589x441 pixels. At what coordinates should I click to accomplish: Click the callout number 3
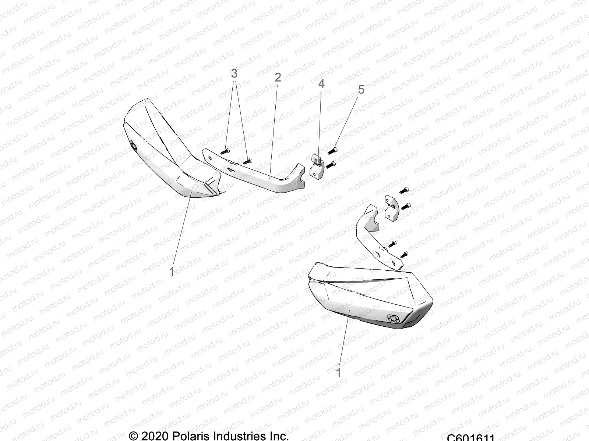point(234,74)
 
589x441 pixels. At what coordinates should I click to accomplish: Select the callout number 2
point(278,77)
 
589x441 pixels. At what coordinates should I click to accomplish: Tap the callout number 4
point(321,84)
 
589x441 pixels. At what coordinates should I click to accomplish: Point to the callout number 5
point(361,89)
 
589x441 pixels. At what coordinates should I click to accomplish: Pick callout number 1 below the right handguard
point(339,373)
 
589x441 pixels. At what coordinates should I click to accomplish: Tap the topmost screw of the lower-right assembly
point(404,190)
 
